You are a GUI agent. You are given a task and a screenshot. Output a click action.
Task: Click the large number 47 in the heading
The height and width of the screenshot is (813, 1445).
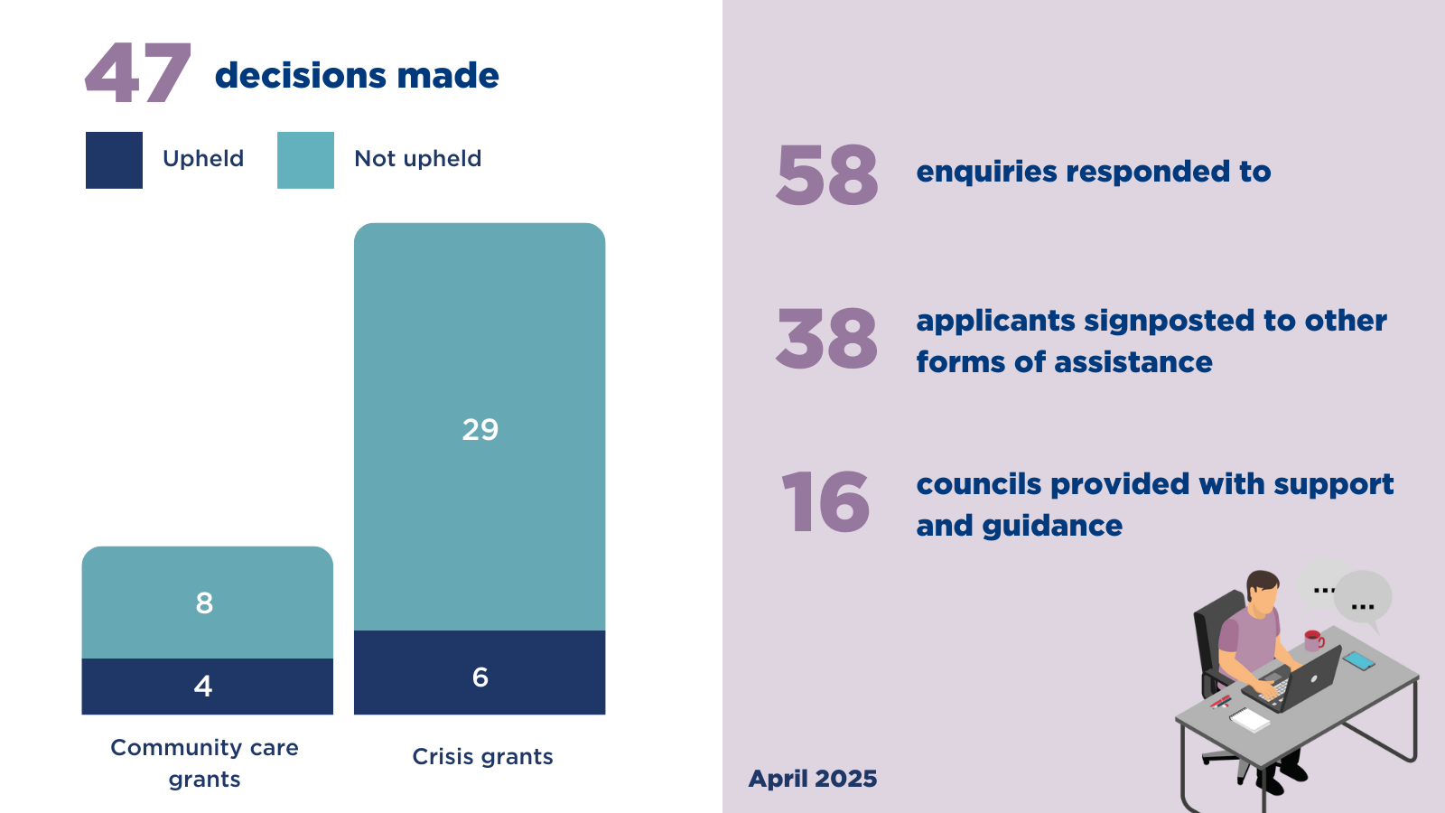(x=138, y=73)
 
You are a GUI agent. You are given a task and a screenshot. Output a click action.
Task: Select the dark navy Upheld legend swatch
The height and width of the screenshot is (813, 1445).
(x=114, y=160)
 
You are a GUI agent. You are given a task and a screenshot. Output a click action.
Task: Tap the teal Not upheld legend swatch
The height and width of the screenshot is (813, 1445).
(x=306, y=160)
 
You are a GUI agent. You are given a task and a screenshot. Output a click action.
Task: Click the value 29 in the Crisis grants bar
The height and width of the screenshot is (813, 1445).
(x=480, y=430)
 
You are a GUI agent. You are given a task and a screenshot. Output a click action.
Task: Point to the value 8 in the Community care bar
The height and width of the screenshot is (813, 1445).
(x=204, y=603)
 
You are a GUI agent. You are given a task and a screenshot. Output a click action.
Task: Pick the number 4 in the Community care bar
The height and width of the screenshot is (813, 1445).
(x=203, y=686)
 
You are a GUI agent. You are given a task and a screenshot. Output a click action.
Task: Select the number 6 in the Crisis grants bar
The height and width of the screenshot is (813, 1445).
(x=480, y=677)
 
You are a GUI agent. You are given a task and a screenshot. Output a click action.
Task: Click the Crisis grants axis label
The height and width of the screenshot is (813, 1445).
(x=482, y=756)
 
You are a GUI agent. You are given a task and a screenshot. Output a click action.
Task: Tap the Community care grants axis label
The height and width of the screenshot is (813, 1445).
(x=204, y=763)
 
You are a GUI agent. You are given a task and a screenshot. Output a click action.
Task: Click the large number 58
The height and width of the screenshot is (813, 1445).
(x=826, y=174)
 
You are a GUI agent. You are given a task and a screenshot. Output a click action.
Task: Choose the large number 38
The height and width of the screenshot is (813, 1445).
(x=826, y=338)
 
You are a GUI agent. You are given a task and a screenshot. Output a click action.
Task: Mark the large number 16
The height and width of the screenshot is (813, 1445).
(x=825, y=501)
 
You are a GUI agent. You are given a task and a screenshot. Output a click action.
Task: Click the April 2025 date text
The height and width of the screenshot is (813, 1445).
(x=813, y=779)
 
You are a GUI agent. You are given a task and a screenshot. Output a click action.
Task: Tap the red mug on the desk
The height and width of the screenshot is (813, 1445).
(x=1313, y=640)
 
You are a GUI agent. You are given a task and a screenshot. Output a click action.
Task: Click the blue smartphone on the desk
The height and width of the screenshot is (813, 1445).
(x=1358, y=660)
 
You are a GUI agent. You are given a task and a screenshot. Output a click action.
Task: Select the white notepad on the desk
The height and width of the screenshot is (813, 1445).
(x=1250, y=719)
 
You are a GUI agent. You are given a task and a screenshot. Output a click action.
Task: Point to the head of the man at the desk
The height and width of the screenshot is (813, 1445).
(x=1263, y=593)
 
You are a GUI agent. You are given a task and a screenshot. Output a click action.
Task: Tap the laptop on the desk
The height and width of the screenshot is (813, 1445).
(x=1297, y=681)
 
